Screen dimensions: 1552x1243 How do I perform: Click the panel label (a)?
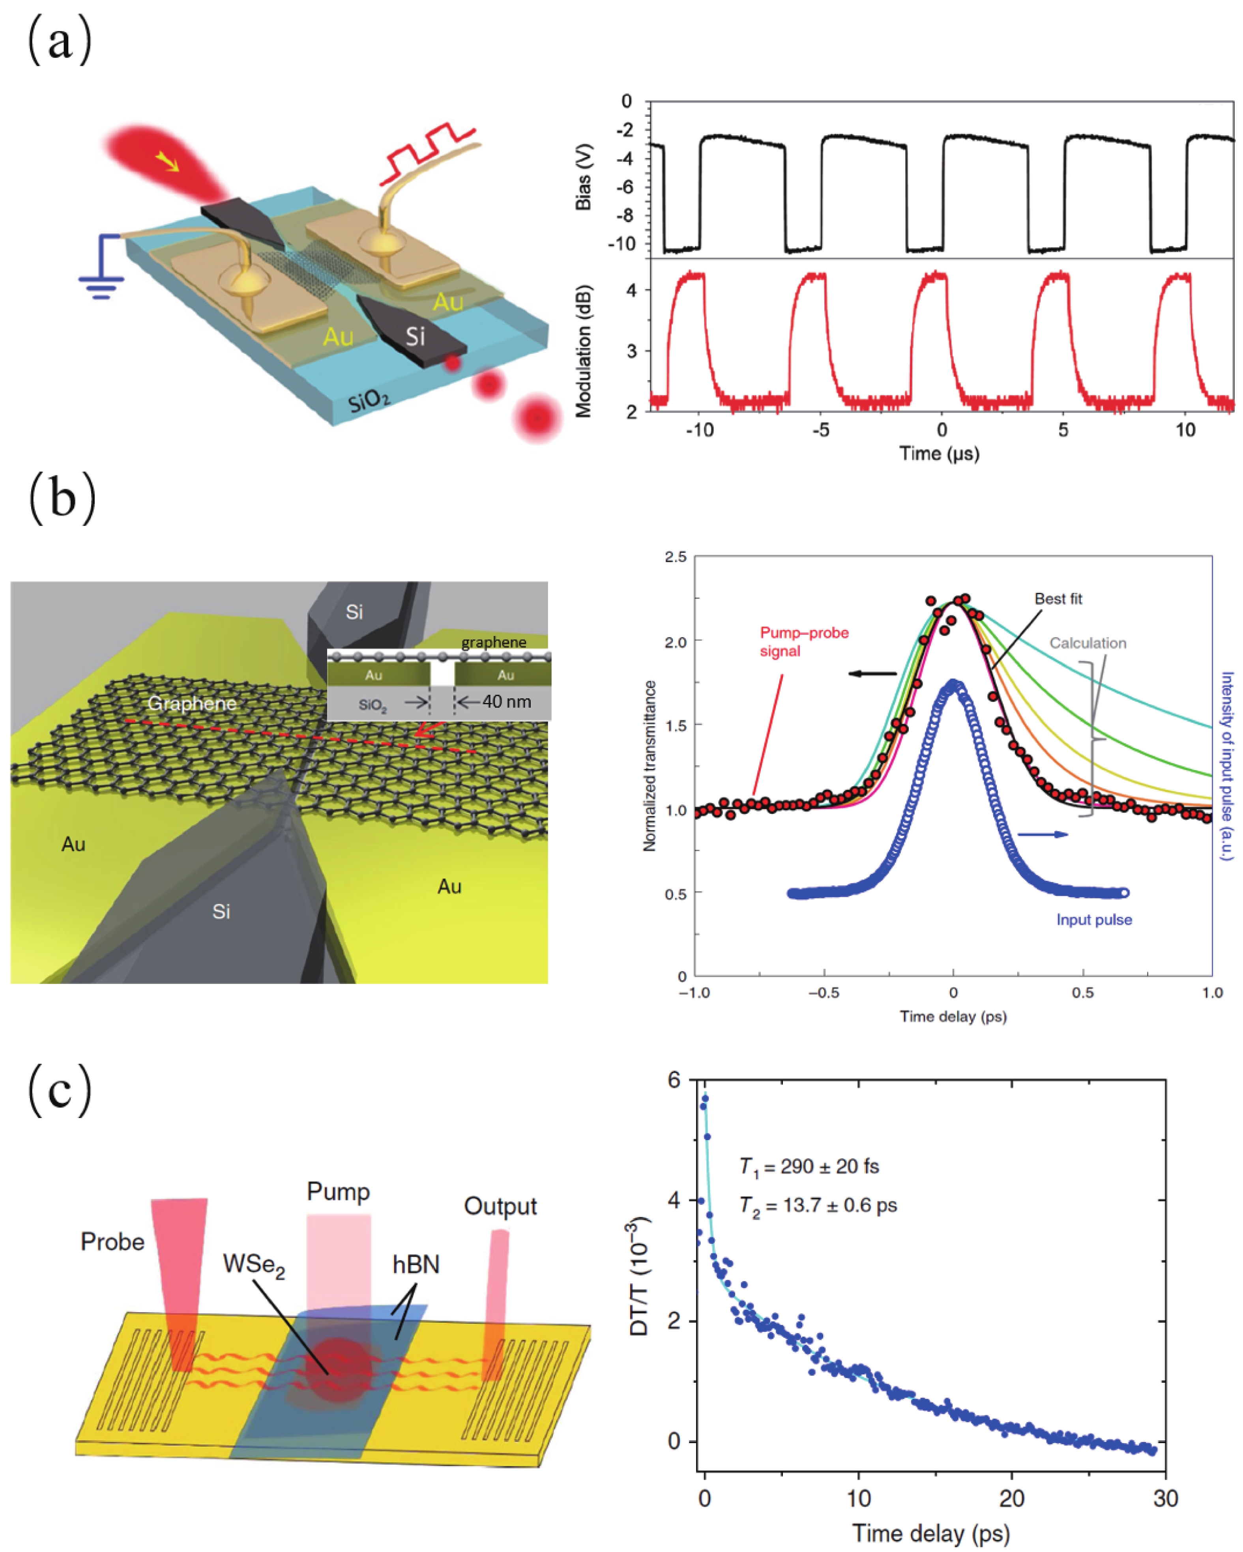click(x=60, y=42)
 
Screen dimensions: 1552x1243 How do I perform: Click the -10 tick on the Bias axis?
click(x=622, y=245)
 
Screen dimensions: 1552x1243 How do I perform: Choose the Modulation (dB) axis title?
click(x=583, y=351)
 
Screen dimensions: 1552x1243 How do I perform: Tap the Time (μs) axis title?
click(x=939, y=454)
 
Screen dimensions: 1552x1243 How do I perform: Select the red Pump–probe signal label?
click(x=804, y=641)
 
